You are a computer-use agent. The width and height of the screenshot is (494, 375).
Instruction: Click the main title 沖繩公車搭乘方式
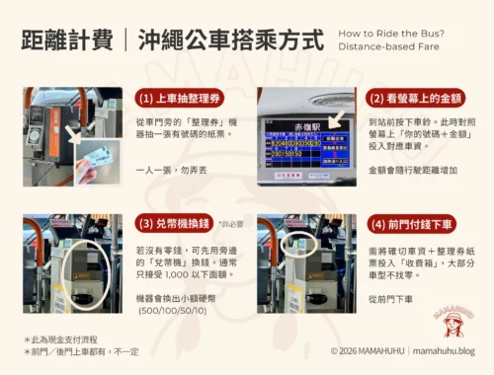(x=239, y=40)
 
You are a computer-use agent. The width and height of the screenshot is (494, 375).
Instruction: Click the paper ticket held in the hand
(x=97, y=154)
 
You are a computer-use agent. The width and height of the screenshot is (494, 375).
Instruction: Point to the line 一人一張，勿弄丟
(x=171, y=170)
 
